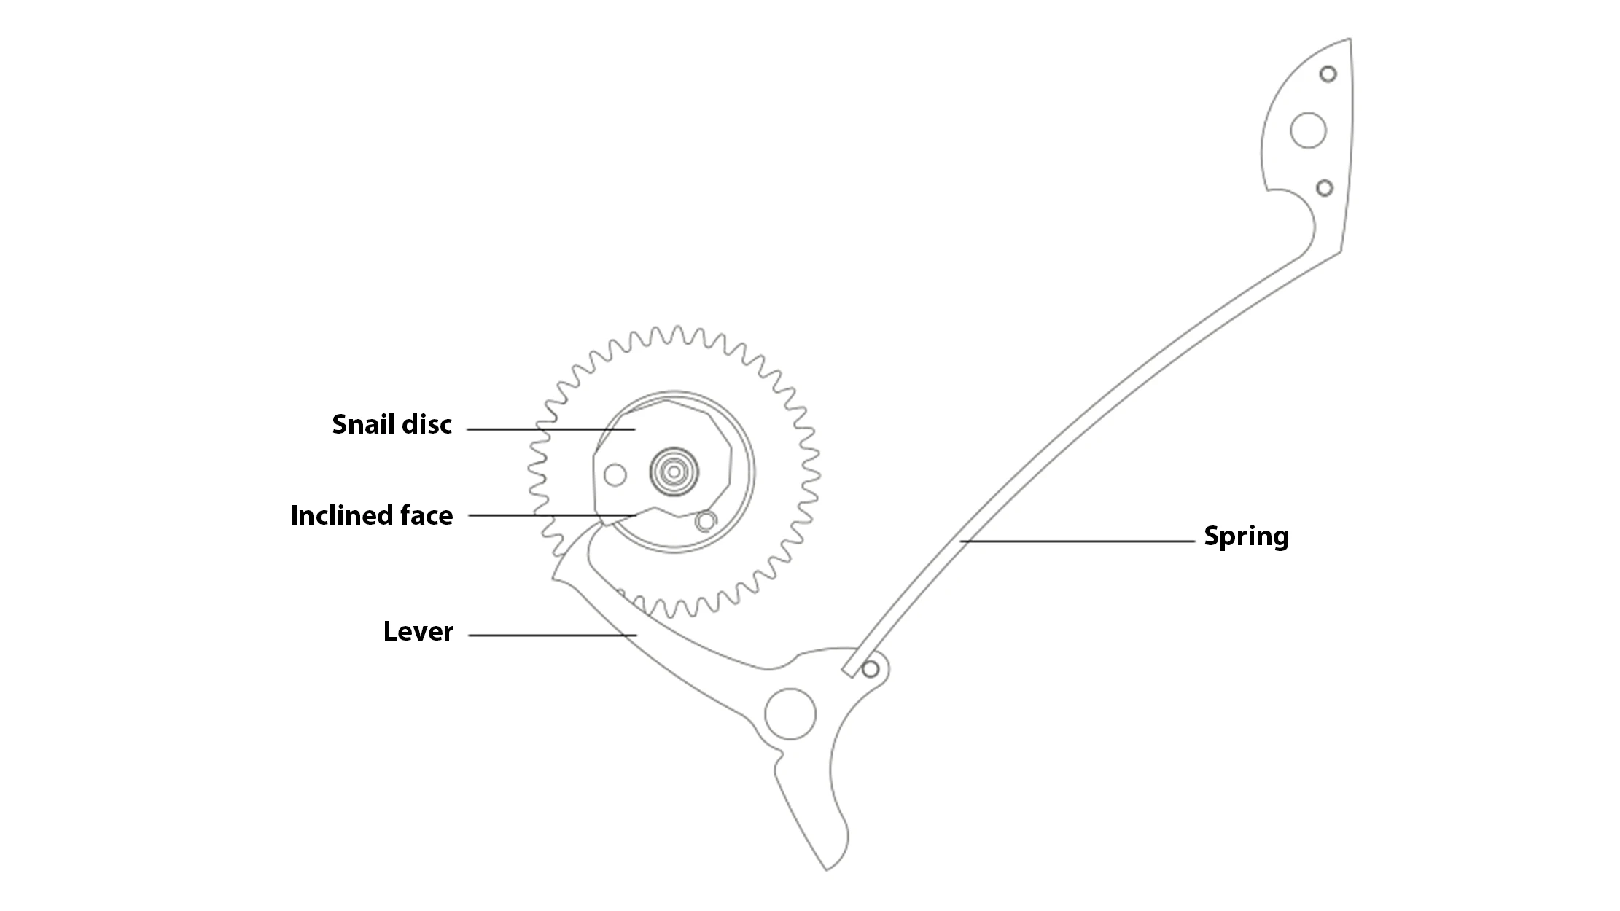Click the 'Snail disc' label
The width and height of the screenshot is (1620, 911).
[x=392, y=424]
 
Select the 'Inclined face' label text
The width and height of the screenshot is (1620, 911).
[x=372, y=515]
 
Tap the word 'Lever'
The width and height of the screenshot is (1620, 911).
[x=418, y=631]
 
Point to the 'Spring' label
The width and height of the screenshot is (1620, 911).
[x=1247, y=536]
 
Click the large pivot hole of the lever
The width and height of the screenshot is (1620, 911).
[x=790, y=713]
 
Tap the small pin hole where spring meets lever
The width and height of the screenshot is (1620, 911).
[x=870, y=669]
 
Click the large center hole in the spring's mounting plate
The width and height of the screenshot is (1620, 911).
[x=1308, y=130]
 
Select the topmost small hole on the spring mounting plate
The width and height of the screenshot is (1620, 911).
[x=1328, y=74]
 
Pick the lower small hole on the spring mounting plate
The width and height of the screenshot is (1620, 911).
[x=1325, y=188]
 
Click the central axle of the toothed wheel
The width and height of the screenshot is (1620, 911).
[x=674, y=472]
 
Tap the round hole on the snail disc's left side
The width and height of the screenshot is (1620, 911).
[x=615, y=475]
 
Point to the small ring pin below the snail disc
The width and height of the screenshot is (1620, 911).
[x=705, y=521]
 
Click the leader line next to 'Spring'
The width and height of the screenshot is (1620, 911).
[x=1078, y=541]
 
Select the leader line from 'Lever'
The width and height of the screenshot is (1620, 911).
[x=553, y=636]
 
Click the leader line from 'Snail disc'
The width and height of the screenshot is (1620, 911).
[x=551, y=429]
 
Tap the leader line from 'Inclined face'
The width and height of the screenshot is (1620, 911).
[x=553, y=515]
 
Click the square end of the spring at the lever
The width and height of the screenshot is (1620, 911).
[x=849, y=670]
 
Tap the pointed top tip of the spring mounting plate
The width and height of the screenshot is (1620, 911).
[x=1350, y=39]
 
